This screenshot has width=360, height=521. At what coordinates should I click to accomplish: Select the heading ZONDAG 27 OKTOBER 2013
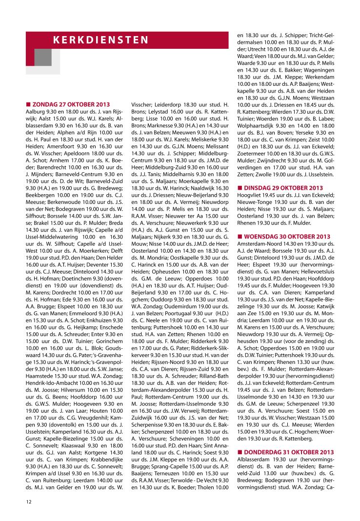click(71, 104)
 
